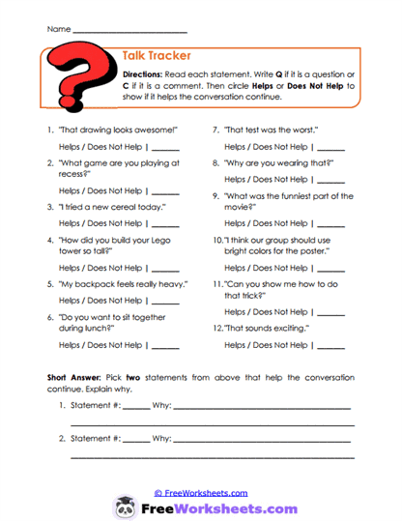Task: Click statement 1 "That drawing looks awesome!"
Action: tap(117, 130)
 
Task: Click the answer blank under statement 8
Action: tap(330, 180)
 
